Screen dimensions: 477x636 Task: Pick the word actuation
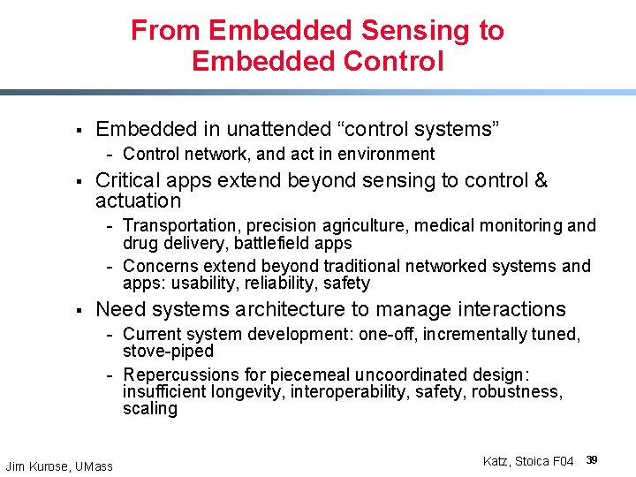tap(138, 201)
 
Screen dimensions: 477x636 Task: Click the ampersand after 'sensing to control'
tap(541, 181)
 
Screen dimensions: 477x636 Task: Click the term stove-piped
tap(168, 351)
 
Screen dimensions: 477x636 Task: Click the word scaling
tap(150, 408)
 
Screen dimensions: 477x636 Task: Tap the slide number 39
tap(593, 460)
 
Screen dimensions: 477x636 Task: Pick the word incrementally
tap(476, 334)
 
